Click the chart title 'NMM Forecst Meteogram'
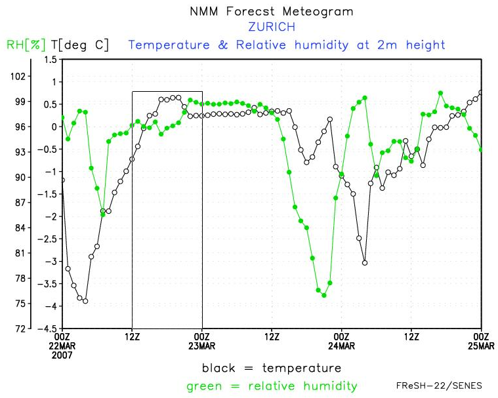point(271,12)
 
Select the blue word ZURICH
point(271,28)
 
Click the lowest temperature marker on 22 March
point(85,301)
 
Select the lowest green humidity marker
point(324,295)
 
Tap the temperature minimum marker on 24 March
point(365,262)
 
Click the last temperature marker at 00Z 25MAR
point(482,92)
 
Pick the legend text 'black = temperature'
point(271,368)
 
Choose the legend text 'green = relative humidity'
point(271,386)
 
